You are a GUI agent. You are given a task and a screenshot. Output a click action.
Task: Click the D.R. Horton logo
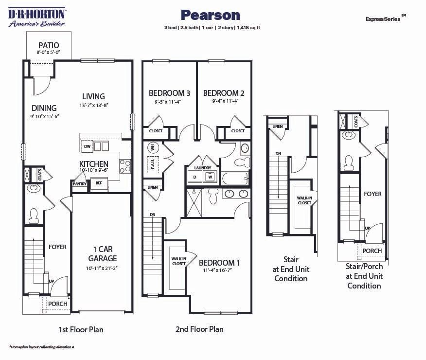[x=37, y=17]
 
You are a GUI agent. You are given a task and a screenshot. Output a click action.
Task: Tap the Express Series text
[x=384, y=18]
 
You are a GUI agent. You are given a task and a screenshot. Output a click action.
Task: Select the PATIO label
[x=49, y=45]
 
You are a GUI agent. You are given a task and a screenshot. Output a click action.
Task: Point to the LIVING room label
[x=93, y=96]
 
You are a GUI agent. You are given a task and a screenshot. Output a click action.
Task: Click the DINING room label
[x=44, y=108]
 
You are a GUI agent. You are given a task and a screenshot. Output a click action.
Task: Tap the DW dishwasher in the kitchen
[x=88, y=146]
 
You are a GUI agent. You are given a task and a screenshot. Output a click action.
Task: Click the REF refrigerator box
[x=99, y=183]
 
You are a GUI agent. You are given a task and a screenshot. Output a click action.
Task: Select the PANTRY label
[x=79, y=184]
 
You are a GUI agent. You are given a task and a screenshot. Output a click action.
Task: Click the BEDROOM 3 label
[x=169, y=93]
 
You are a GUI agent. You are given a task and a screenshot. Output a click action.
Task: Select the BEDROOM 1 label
[x=219, y=263]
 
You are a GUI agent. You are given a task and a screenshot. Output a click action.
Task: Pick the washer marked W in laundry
[x=210, y=177]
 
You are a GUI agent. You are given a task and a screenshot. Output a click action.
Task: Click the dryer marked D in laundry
[x=195, y=177]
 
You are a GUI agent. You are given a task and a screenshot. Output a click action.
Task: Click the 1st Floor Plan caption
[x=81, y=329]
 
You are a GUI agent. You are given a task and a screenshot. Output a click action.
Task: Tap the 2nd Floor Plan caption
[x=199, y=329]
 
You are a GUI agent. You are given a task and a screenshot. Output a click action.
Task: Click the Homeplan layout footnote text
[x=41, y=346]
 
